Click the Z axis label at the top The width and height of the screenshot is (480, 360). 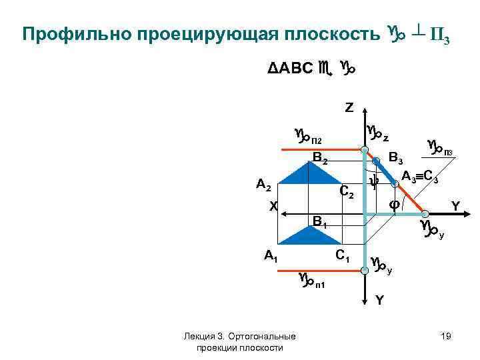[350, 107]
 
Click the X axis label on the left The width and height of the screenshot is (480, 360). [273, 207]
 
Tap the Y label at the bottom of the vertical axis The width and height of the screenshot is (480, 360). [379, 300]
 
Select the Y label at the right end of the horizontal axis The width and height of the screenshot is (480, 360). [456, 206]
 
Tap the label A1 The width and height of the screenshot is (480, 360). [271, 255]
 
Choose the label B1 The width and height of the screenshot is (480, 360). [321, 221]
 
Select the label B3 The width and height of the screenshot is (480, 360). [397, 159]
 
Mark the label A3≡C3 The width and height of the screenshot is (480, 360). [419, 177]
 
